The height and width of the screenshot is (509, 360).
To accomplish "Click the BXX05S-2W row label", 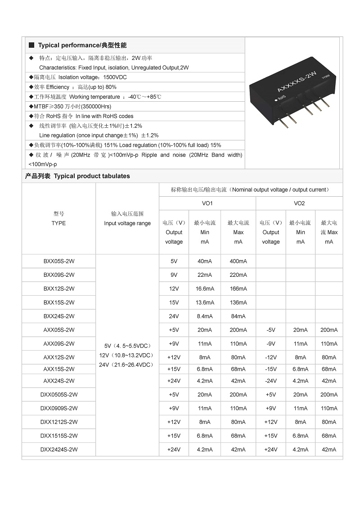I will pyautogui.click(x=58, y=261).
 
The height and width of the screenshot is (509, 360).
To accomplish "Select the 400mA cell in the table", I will pyautogui.click(x=238, y=261).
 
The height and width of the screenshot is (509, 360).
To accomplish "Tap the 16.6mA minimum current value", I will pyautogui.click(x=205, y=288).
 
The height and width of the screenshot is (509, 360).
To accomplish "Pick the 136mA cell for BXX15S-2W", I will pyautogui.click(x=238, y=302).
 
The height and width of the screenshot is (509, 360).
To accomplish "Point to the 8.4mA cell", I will pyautogui.click(x=205, y=316).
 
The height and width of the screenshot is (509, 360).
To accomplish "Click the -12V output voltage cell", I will pyautogui.click(x=270, y=357).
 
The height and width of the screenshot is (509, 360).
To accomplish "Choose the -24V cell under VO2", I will pyautogui.click(x=270, y=381).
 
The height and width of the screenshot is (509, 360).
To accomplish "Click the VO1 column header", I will pyautogui.click(x=207, y=203).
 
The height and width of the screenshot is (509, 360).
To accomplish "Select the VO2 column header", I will pyautogui.click(x=299, y=203).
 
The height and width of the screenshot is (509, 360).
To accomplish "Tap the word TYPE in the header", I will pyautogui.click(x=58, y=223).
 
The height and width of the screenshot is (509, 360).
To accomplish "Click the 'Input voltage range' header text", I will pyautogui.click(x=127, y=223).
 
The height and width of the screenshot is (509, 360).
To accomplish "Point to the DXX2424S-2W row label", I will pyautogui.click(x=58, y=450).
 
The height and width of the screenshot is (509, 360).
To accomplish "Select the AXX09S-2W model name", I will pyautogui.click(x=58, y=344).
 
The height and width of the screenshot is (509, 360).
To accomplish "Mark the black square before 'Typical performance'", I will pyautogui.click(x=31, y=45).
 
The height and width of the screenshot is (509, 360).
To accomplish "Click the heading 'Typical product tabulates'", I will pyautogui.click(x=92, y=176).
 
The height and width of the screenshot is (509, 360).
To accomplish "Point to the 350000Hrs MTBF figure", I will pyautogui.click(x=96, y=107).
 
